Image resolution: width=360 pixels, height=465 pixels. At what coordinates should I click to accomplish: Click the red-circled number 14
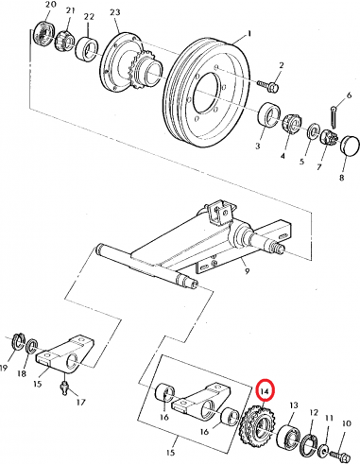266,390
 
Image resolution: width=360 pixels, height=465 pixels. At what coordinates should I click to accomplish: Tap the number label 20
38,8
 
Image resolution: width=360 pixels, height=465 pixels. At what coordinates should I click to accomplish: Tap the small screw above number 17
64,386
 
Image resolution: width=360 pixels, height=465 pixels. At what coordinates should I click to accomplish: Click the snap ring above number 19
16,340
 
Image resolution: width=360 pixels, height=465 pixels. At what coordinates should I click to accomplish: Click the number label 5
303,162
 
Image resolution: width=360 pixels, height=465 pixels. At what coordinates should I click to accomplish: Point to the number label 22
88,18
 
